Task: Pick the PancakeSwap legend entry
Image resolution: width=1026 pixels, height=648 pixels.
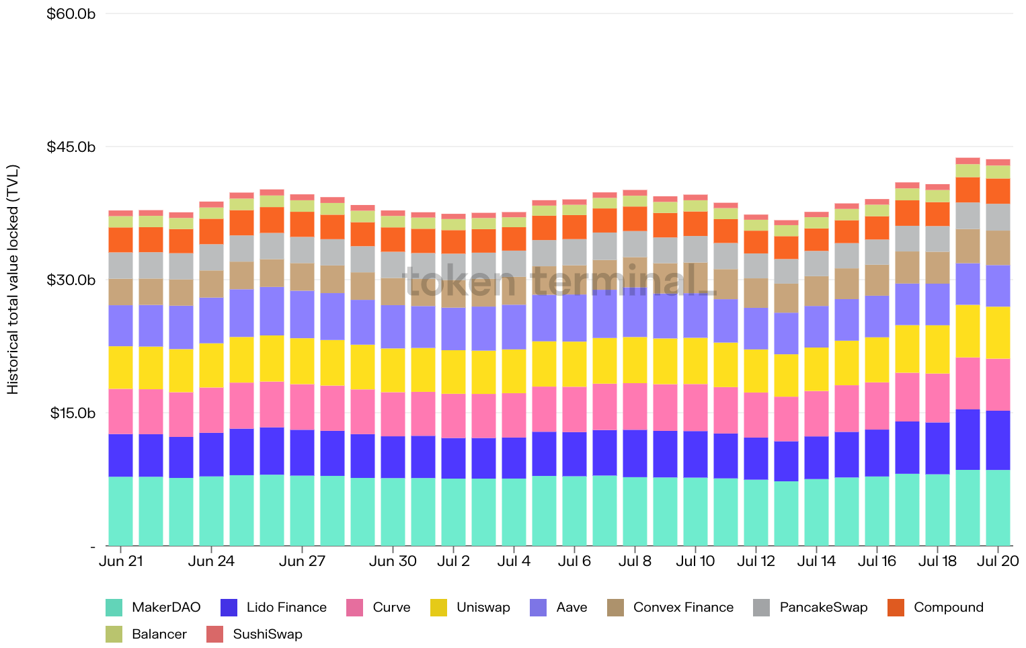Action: click(x=810, y=608)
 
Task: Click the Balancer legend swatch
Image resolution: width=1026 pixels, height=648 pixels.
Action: click(x=114, y=635)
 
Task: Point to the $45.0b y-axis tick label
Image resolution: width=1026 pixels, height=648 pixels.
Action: click(x=71, y=147)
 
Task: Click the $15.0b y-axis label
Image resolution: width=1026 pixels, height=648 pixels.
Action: click(x=73, y=413)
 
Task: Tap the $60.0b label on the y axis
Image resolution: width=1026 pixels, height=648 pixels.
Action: click(x=71, y=13)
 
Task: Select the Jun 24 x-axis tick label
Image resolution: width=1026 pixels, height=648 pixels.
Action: click(x=211, y=561)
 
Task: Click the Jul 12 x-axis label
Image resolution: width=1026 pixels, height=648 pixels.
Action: click(x=756, y=561)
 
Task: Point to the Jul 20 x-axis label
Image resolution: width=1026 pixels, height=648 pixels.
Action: click(x=998, y=561)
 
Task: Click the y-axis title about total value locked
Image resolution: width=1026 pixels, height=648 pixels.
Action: click(x=13, y=280)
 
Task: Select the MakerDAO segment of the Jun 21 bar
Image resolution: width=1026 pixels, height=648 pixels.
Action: click(x=120, y=511)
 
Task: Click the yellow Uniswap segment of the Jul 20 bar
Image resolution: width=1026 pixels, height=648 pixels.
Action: click(x=998, y=333)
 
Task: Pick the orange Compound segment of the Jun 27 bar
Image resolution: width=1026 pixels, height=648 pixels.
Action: click(x=302, y=224)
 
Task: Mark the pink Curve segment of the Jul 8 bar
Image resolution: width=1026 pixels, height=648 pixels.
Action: click(x=635, y=406)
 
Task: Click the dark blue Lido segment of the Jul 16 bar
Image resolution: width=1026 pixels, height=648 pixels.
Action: click(x=877, y=452)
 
